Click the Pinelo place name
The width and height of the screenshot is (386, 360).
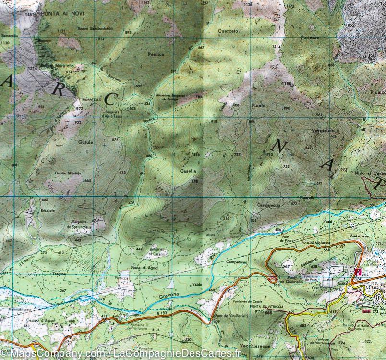coord(258,104)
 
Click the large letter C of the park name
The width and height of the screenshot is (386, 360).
coord(110,99)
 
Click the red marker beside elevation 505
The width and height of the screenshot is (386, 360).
coord(273,278)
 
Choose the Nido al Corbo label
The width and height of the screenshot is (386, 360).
coord(370,173)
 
